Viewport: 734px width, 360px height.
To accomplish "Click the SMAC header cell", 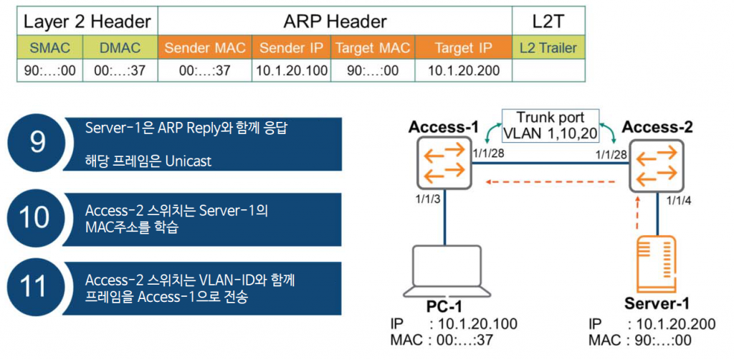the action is [50, 47].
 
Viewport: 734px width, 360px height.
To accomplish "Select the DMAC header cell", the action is [120, 47].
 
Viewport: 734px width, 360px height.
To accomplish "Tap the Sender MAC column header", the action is [206, 47].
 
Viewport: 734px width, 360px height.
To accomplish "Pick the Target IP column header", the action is [464, 47].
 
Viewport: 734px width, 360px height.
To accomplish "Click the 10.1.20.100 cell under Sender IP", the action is [291, 71].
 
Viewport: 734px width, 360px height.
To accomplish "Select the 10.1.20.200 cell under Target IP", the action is [464, 71].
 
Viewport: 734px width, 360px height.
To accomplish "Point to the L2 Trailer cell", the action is [548, 47].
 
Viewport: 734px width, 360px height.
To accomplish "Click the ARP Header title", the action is [335, 21].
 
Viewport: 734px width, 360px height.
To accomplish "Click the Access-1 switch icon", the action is [444, 164].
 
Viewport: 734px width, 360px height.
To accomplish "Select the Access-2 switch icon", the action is [657, 165].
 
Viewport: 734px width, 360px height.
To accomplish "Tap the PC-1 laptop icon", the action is [445, 272].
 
